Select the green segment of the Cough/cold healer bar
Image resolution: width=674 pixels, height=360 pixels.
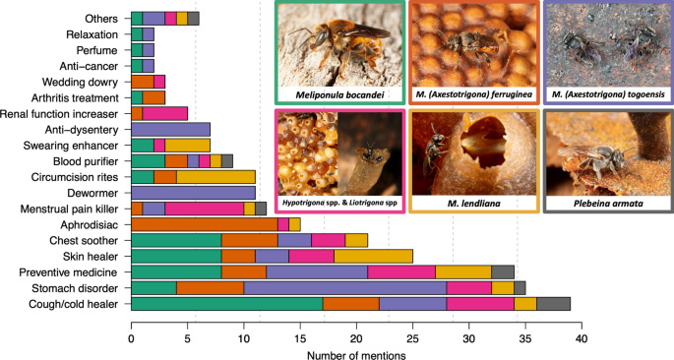[226, 305]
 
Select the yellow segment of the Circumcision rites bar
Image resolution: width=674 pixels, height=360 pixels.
[215, 177]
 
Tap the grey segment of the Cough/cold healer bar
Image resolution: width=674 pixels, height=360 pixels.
[554, 305]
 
